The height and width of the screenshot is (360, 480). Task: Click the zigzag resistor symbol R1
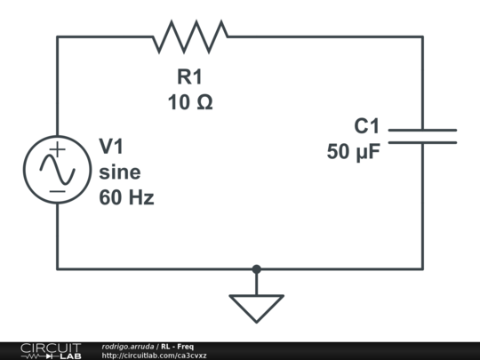click(190, 36)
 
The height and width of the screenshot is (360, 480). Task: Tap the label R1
click(190, 76)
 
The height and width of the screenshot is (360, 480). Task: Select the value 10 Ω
click(190, 102)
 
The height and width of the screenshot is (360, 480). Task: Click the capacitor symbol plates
click(422, 135)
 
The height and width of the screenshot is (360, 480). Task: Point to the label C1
click(366, 126)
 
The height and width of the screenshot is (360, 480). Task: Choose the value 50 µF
click(353, 152)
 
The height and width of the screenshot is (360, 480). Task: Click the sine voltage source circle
click(57, 169)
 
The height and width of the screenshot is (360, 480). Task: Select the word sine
click(119, 172)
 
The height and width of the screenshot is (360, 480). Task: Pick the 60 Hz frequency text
click(126, 197)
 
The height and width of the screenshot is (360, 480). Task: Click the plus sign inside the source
click(57, 150)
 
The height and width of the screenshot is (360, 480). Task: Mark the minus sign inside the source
click(57, 189)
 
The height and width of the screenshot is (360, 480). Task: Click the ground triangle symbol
click(256, 307)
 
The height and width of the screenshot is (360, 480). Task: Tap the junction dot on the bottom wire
click(256, 268)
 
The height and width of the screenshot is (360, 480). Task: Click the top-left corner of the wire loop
click(58, 36)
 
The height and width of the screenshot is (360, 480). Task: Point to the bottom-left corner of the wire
click(58, 268)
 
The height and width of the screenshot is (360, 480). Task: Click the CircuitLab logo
click(50, 350)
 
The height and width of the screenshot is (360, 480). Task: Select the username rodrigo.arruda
click(128, 346)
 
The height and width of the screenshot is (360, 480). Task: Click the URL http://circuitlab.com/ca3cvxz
click(154, 356)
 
